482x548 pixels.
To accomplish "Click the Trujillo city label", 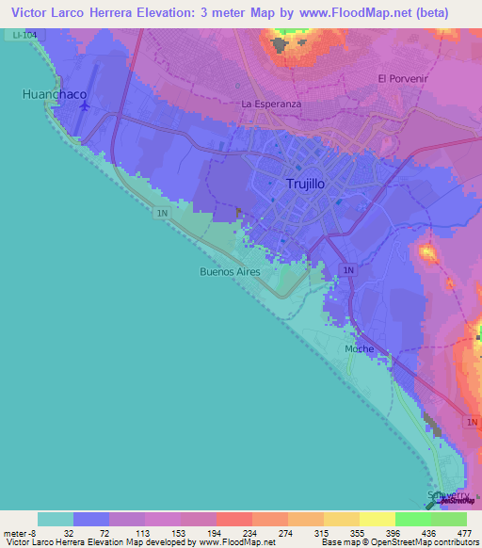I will tap(305, 185).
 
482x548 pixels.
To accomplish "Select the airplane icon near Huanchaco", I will tap(85, 106).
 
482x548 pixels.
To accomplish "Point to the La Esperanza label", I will tap(271, 104).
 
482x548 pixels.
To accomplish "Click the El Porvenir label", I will tap(402, 78).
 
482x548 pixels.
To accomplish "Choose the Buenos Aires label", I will tap(230, 271).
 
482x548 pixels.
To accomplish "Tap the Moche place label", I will tap(359, 348).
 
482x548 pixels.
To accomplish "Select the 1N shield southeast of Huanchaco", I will tap(163, 214).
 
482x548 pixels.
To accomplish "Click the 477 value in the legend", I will tap(463, 532).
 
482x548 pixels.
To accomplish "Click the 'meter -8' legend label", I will tap(20, 532).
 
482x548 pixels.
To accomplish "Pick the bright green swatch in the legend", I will tap(412, 519).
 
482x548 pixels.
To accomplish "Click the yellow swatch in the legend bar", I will tap(377, 519).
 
